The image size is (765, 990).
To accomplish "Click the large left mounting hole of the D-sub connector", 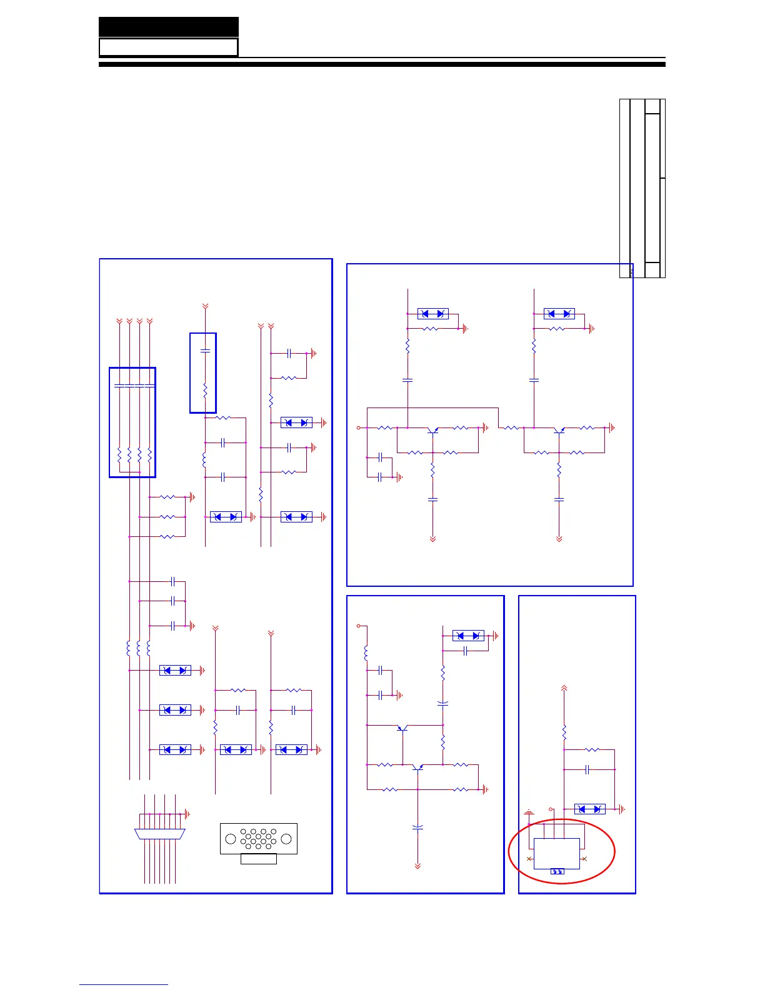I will pos(231,839).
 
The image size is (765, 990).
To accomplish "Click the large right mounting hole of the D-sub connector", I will pos(286,839).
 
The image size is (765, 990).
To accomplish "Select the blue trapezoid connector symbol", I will pos(160,834).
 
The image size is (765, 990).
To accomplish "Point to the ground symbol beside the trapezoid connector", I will pos(187,814).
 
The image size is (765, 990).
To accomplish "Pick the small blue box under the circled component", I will pos(557,871).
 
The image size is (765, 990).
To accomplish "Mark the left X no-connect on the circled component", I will pos(529,859).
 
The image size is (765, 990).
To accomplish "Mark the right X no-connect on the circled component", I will pos(584,859).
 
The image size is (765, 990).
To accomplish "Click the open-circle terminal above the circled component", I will pos(551,809).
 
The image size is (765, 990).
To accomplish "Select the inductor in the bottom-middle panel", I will pos(366,653).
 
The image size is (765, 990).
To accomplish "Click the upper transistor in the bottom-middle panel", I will pos(403,727).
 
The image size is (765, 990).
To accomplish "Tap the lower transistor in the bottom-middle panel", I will pos(417,767).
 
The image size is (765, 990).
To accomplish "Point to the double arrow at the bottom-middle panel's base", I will pos(417,866).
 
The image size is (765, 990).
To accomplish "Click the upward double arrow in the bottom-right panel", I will pos(564,688).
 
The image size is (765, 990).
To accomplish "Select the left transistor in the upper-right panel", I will pos(432,430).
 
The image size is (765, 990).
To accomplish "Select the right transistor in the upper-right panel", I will pos(559,430).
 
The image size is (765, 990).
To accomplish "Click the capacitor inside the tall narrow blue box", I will pos(205,351).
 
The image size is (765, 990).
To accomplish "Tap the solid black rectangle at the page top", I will pos(169,27).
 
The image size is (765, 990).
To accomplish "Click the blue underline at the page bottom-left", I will pos(124,984).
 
